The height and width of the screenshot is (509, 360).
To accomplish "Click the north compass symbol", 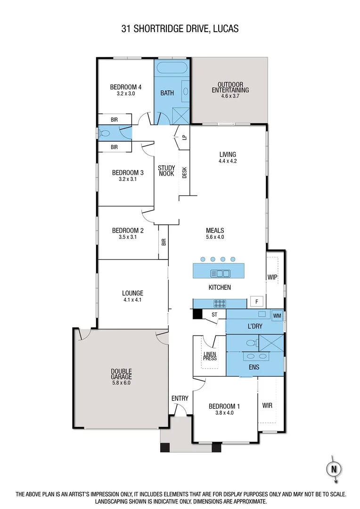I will click(x=334, y=469).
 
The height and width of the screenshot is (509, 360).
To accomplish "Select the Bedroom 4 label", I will click(x=126, y=87).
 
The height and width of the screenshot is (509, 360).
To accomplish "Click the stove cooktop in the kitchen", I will click(x=220, y=303).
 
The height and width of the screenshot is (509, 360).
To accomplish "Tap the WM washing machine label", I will click(x=277, y=315).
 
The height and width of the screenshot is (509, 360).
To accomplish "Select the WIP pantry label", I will click(x=272, y=277).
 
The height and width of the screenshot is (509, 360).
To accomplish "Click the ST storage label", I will click(x=214, y=314).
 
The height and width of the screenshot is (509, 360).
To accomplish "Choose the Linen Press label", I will click(x=210, y=356).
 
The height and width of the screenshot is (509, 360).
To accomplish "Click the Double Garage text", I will click(x=122, y=374).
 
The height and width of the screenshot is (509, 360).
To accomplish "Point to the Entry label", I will click(x=180, y=398).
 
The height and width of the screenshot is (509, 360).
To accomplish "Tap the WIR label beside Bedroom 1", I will click(x=267, y=405).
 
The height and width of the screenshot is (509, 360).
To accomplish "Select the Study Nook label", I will click(x=166, y=171).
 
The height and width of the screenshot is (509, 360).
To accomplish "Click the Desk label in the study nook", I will click(x=184, y=173).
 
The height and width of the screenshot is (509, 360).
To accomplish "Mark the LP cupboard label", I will click(x=184, y=138).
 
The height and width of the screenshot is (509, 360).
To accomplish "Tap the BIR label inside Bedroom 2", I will click(x=164, y=242).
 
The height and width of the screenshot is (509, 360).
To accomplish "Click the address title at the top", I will click(x=180, y=29).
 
